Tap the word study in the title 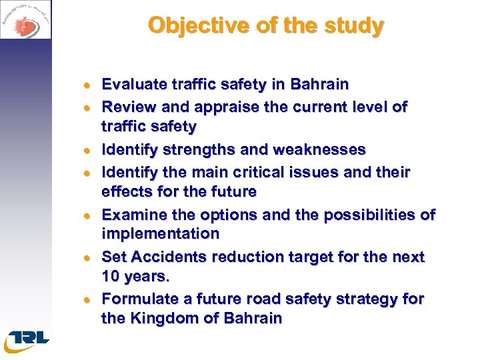[357, 25]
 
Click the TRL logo [27, 339]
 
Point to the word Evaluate [133, 85]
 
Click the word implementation [160, 234]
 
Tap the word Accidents [167, 257]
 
